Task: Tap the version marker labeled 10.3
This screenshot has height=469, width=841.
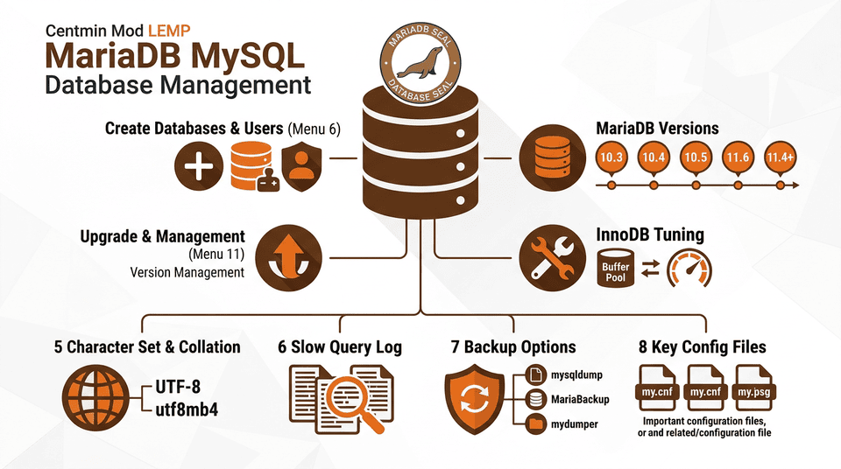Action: (611, 157)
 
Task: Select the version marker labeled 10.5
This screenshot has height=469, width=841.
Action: (696, 157)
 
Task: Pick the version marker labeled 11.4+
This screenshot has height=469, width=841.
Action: (781, 157)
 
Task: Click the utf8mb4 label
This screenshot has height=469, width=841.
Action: (187, 408)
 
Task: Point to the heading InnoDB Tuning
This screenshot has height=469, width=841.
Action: (650, 234)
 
